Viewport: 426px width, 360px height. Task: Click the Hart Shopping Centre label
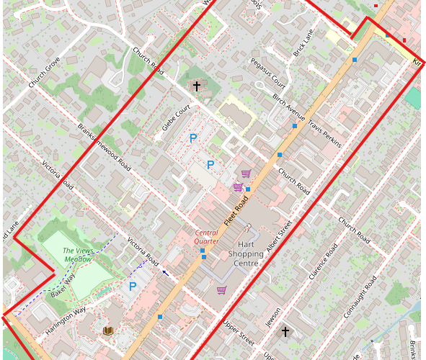246,254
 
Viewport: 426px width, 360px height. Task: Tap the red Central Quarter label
207,237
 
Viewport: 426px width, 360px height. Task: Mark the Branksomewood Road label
105,143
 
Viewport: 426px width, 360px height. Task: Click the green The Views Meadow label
78,254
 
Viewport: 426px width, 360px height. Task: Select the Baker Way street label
63,286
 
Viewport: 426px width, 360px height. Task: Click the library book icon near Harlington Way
108,330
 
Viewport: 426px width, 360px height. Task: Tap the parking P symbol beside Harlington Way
133,286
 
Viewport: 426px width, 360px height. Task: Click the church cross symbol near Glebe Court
196,86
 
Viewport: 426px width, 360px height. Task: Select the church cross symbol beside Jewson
285,332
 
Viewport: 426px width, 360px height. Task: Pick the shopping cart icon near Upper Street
222,290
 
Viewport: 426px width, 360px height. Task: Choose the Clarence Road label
322,263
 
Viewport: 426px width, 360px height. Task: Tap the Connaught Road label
360,296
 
